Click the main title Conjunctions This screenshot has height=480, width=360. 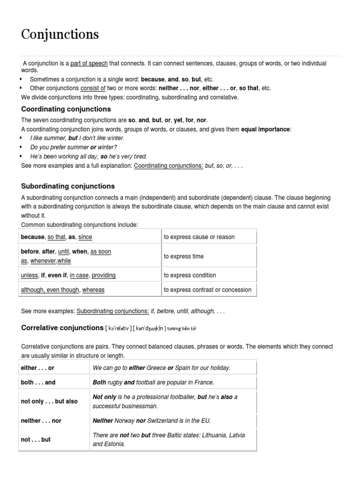click(x=60, y=34)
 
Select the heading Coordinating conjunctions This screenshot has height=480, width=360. click(x=66, y=109)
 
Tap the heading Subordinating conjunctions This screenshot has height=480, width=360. click(x=68, y=186)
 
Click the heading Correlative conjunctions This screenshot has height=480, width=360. click(x=62, y=328)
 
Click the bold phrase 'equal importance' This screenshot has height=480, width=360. click(x=265, y=129)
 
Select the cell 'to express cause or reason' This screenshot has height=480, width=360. click(x=199, y=237)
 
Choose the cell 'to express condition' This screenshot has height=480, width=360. click(x=190, y=275)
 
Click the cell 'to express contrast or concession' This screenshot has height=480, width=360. click(x=207, y=290)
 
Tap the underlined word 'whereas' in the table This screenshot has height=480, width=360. click(x=93, y=290)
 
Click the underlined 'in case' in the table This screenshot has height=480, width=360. click(x=79, y=275)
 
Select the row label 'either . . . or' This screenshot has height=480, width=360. click(x=37, y=368)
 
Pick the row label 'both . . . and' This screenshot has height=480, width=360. click(x=38, y=382)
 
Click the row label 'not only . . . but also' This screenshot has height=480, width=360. click(x=49, y=402)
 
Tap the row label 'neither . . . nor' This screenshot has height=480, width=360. click(x=41, y=420)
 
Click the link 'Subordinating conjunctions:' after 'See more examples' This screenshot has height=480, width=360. click(x=113, y=311)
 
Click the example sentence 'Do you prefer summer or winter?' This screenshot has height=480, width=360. click(x=74, y=147)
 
